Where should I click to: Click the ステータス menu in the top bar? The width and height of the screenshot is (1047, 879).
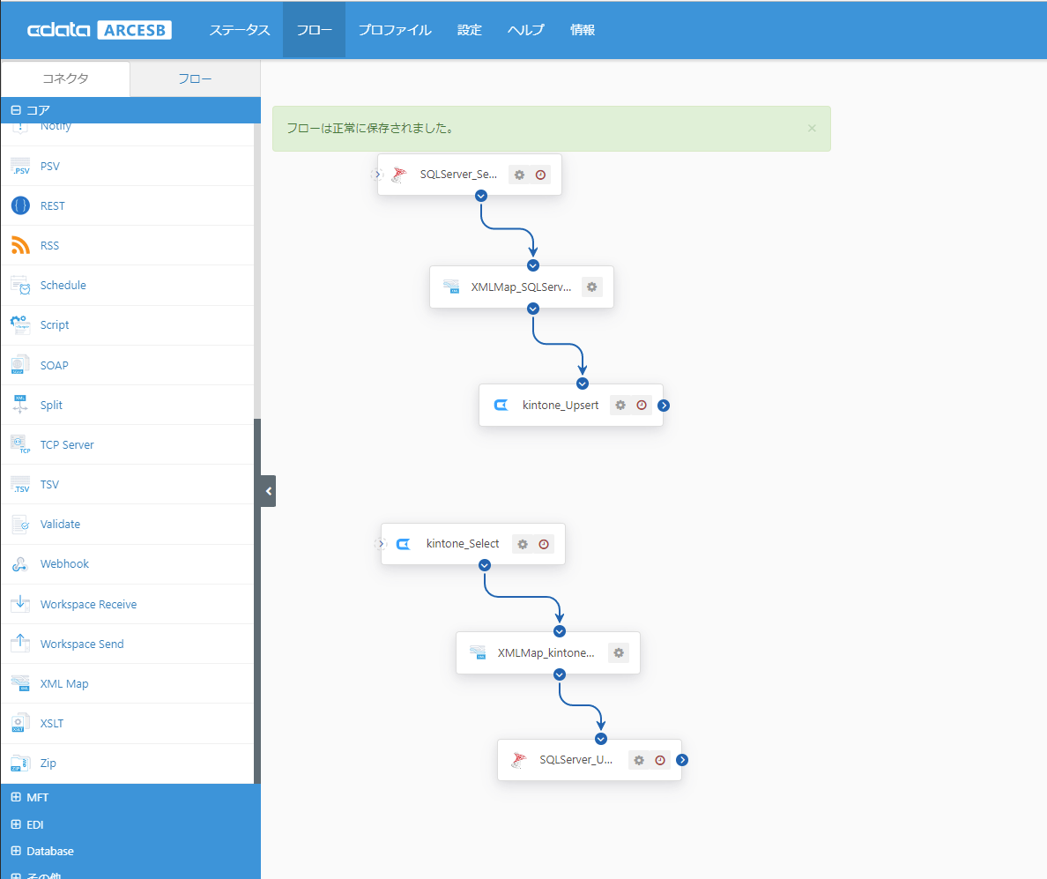(239, 30)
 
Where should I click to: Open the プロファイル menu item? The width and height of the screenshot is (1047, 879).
(395, 30)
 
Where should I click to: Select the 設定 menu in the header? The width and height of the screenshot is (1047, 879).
(470, 30)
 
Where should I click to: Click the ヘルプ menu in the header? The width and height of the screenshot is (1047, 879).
(525, 30)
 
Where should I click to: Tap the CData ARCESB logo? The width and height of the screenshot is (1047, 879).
(100, 30)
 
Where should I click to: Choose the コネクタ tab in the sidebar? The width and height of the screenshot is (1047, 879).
(65, 78)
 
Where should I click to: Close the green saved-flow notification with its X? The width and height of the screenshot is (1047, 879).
(812, 128)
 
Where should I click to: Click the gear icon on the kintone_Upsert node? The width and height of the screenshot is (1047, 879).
(620, 405)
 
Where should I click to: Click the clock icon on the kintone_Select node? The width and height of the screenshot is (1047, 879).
(544, 544)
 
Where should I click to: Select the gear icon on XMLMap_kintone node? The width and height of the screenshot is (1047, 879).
(619, 652)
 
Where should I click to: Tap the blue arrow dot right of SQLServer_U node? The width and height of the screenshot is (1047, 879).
(682, 759)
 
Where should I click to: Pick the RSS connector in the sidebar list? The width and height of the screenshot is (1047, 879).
(49, 246)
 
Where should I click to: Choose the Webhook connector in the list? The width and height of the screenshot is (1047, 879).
(64, 563)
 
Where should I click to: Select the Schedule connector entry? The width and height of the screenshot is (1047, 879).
(63, 285)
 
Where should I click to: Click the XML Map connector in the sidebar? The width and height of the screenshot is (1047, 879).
(64, 683)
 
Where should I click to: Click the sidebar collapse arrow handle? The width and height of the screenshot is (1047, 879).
(269, 491)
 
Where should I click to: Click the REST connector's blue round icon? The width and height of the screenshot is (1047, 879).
(20, 205)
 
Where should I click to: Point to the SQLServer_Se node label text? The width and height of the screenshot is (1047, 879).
(458, 175)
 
